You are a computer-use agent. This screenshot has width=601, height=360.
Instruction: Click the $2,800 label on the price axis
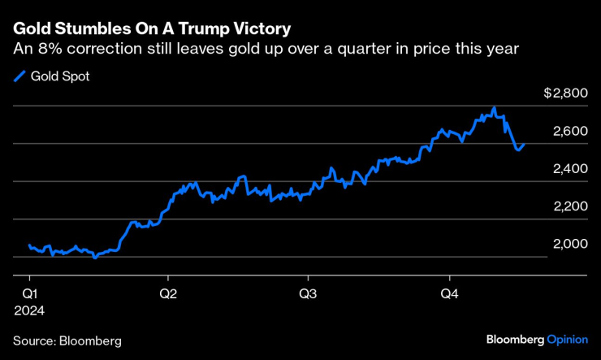coord(565,93)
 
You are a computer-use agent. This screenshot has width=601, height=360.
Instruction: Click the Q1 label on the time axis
coord(28,292)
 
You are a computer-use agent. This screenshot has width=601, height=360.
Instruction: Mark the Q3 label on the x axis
coord(308,292)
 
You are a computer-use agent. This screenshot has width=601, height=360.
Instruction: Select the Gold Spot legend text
coord(58,77)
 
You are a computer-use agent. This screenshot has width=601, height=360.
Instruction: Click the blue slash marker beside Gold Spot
coord(19,77)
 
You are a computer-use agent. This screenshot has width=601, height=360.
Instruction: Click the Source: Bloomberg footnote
coord(67,340)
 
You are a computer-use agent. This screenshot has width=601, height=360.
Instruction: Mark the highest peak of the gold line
coord(495,107)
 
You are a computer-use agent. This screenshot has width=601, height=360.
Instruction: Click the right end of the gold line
coord(524,145)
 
